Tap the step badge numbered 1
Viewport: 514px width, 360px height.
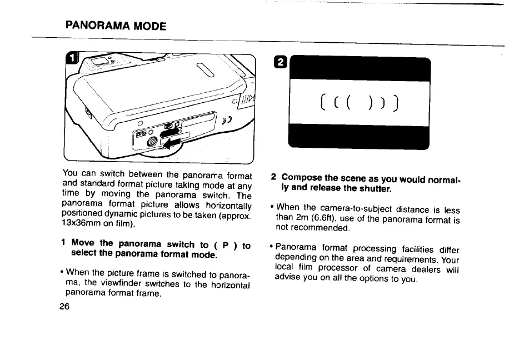coord(72,58)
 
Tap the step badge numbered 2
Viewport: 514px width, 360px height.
coord(281,63)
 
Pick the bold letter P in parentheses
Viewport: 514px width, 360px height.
coord(224,244)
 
